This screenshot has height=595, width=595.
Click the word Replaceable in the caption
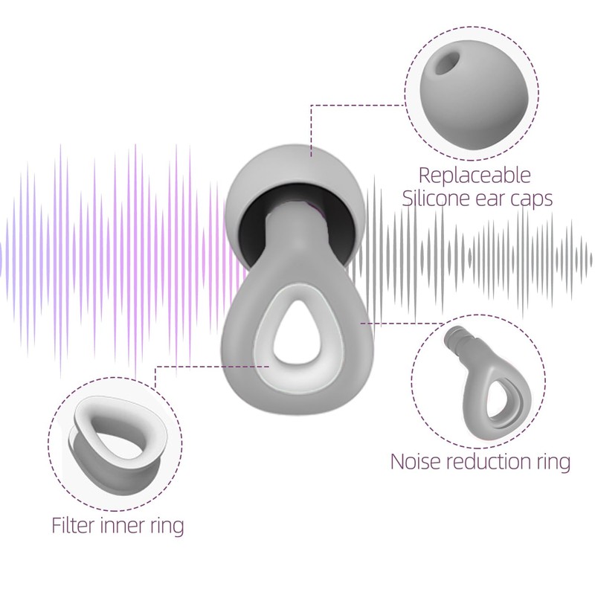click(x=475, y=176)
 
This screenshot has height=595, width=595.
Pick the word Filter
click(x=75, y=526)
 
